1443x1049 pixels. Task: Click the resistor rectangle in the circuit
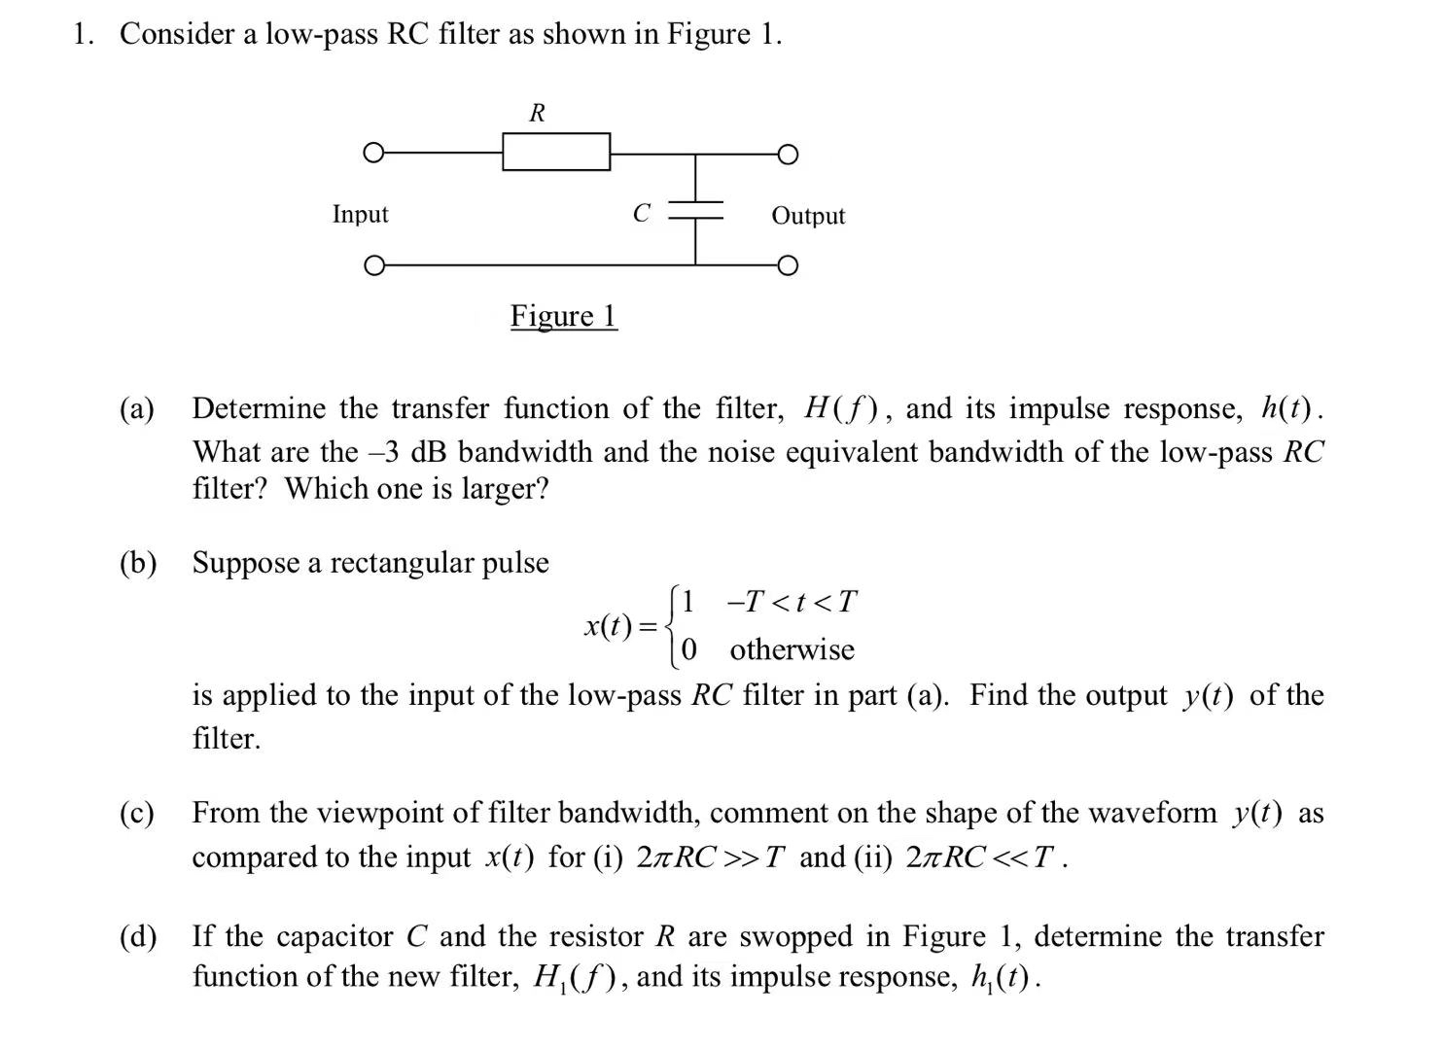(556, 152)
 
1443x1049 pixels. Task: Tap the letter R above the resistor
(537, 113)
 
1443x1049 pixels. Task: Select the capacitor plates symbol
(695, 210)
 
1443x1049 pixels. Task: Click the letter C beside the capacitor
(641, 213)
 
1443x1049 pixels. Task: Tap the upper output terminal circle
(788, 155)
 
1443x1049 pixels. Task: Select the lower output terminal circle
(788, 265)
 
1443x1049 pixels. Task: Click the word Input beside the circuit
(360, 214)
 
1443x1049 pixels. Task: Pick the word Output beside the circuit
(808, 216)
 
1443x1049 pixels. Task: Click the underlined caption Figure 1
(563, 316)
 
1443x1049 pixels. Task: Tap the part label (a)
(137, 408)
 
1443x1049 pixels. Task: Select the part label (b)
(137, 563)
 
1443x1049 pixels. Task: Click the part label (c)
(137, 813)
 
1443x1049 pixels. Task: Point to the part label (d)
(137, 936)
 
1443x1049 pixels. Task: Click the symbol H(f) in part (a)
(842, 408)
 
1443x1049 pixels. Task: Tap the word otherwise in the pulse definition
(792, 649)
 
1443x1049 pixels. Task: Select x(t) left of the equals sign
(608, 626)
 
